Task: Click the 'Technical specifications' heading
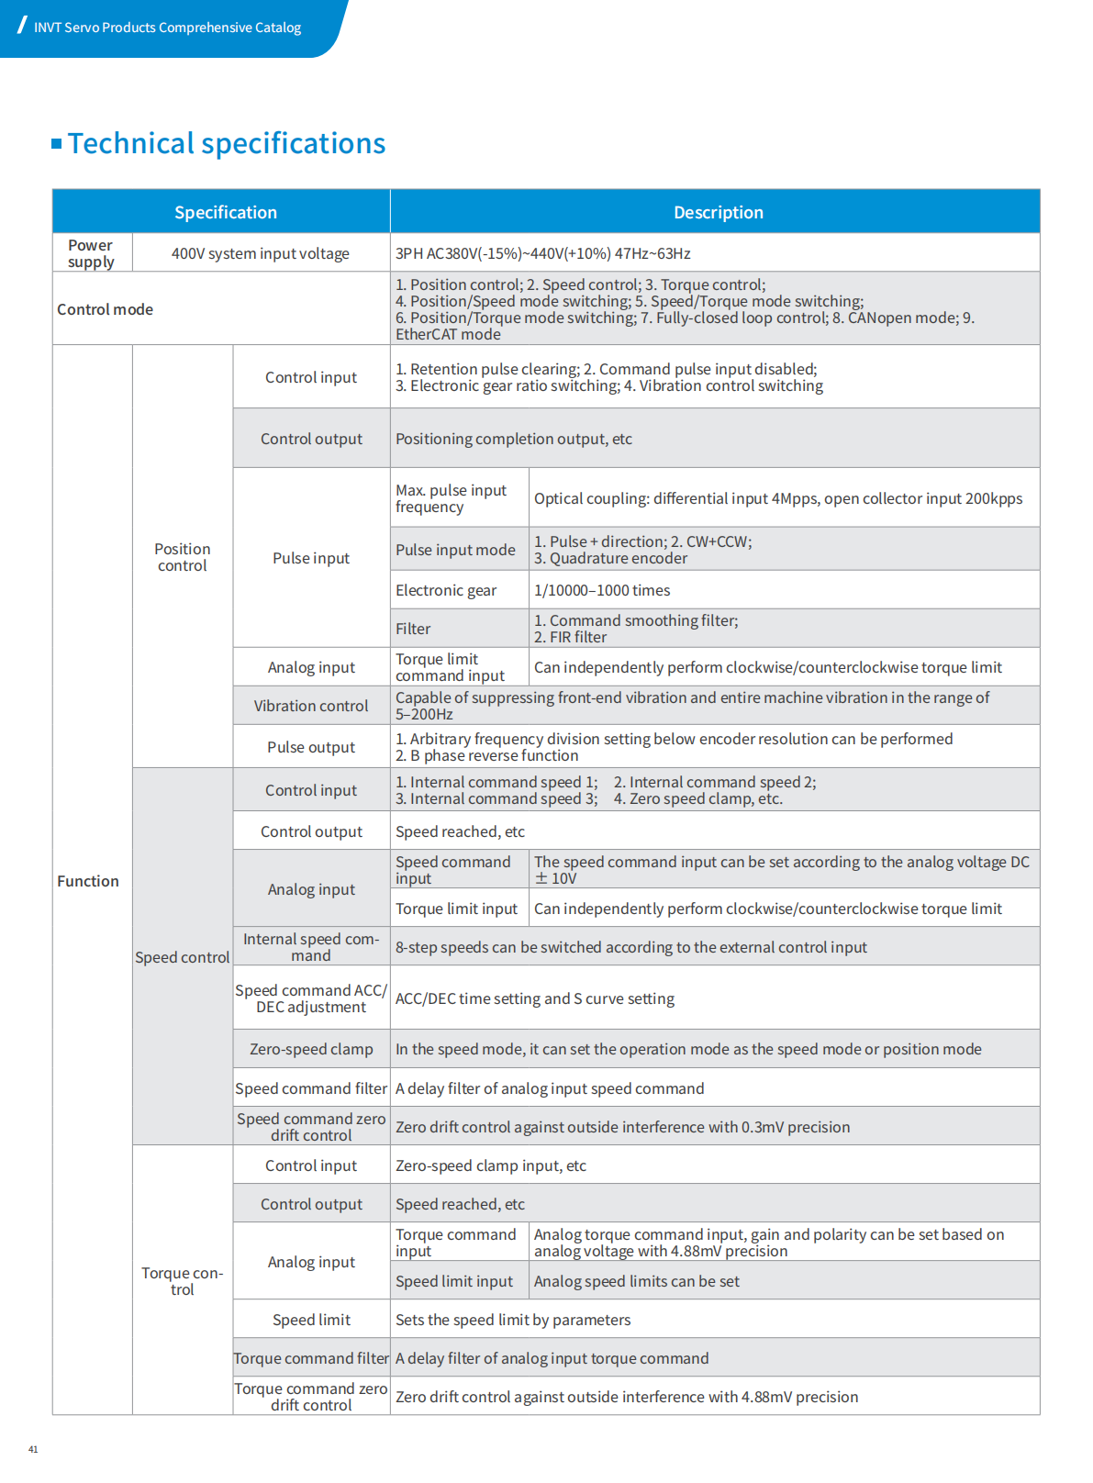(226, 143)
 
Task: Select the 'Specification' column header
(225, 212)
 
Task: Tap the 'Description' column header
(718, 212)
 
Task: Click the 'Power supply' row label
(91, 253)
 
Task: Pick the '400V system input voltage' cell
(260, 253)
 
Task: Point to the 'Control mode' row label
(105, 309)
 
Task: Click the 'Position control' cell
(182, 557)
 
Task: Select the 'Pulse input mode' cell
(455, 550)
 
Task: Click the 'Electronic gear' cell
(446, 590)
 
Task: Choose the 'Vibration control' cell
(311, 706)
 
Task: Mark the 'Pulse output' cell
(311, 747)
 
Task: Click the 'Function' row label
(88, 881)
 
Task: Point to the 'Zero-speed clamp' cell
(311, 1049)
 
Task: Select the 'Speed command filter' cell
(311, 1088)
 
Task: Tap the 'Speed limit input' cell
(454, 1281)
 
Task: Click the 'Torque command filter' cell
(311, 1358)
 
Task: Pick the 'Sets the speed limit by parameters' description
(513, 1320)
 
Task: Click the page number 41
(33, 1449)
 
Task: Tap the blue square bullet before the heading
(57, 143)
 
